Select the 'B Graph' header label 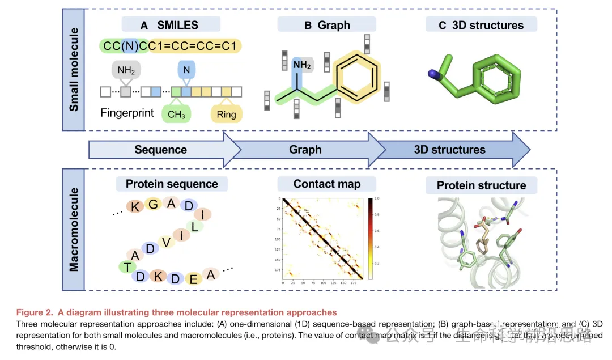(326, 24)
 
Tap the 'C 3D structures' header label (481, 24)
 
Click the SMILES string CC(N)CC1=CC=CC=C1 (170, 46)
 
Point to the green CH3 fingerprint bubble (176, 115)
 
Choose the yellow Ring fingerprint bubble (226, 115)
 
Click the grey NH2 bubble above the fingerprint (126, 71)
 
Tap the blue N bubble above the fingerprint (186, 70)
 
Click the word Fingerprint (127, 113)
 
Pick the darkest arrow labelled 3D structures (450, 150)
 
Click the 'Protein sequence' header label (172, 184)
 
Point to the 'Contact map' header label (327, 184)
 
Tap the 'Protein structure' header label (481, 185)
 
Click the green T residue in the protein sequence (123, 266)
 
